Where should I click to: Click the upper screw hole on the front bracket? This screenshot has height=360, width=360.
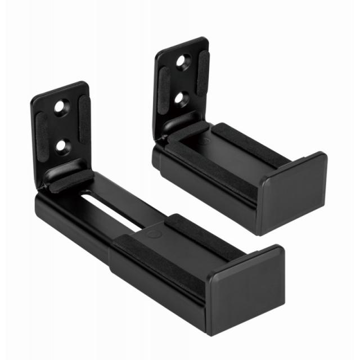(60, 106)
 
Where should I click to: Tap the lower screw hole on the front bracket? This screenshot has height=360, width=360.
(61, 146)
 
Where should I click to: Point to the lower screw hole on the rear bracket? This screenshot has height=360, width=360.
(181, 98)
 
